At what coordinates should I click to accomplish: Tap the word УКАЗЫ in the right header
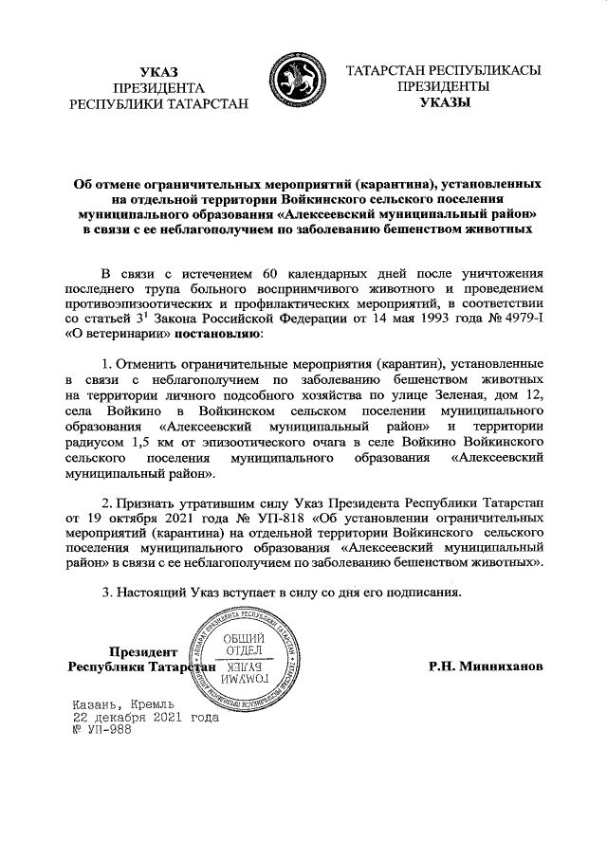(445, 102)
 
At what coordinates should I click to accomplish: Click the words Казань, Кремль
(120, 704)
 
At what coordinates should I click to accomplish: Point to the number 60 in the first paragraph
(255, 273)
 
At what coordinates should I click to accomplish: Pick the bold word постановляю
(212, 334)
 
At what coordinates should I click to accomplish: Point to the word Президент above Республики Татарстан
(143, 651)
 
